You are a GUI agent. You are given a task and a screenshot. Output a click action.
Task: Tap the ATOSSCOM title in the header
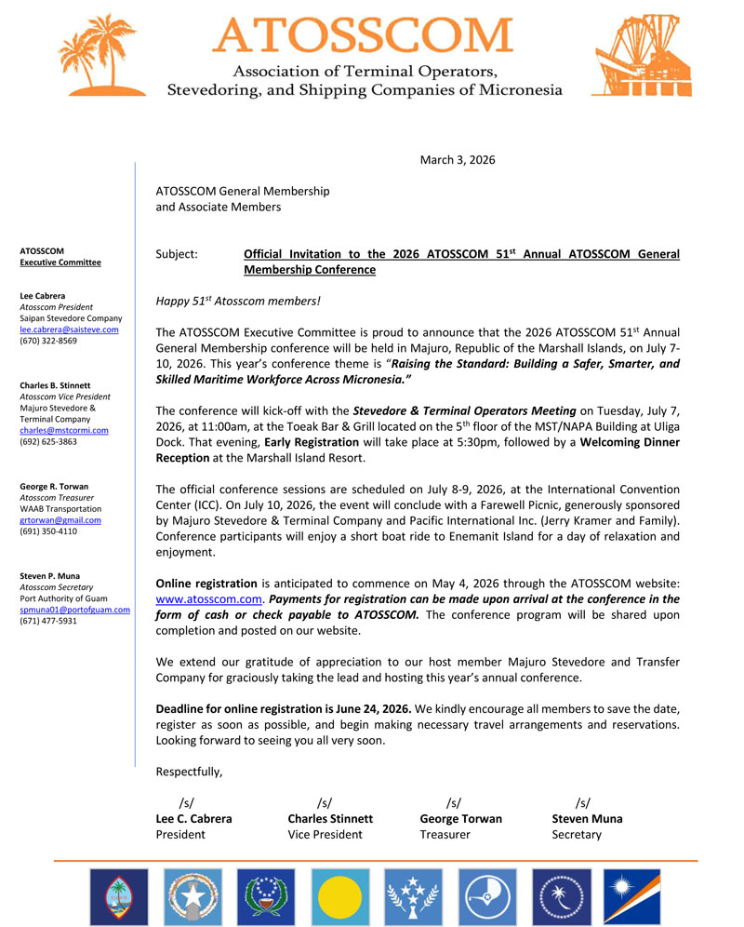(x=363, y=34)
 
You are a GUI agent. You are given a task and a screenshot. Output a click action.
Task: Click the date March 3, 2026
(x=458, y=160)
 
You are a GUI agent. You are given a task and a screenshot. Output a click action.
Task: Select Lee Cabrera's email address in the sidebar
(x=69, y=329)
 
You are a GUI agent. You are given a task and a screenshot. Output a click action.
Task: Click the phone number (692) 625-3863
(x=48, y=441)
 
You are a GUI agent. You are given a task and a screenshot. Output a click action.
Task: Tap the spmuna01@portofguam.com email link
(x=74, y=610)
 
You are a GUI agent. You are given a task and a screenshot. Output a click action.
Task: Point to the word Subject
(x=177, y=253)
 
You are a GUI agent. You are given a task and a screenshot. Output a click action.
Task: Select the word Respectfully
(x=189, y=772)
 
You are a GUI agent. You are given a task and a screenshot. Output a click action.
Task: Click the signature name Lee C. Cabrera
(x=193, y=819)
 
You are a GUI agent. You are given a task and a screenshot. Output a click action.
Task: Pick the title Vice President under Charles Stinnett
(x=325, y=835)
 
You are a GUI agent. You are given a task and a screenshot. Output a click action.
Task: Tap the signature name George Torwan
(x=460, y=819)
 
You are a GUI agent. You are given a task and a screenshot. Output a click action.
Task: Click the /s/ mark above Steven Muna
(x=582, y=802)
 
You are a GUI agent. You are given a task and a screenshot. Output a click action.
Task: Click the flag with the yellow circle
(x=339, y=897)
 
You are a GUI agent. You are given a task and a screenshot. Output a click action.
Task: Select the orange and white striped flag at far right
(x=631, y=897)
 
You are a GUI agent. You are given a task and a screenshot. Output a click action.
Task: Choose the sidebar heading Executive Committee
(x=60, y=262)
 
